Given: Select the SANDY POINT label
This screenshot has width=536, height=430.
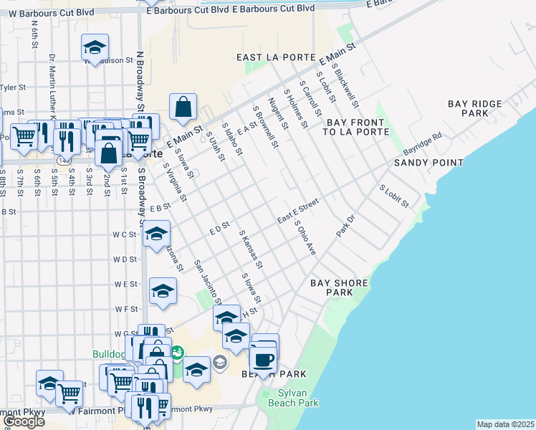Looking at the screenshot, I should [x=429, y=163].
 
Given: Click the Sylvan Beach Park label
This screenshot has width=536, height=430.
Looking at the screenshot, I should [x=292, y=398].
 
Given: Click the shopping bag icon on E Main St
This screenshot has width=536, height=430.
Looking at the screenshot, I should [x=183, y=107].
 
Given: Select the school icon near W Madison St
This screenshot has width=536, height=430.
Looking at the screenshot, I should [x=95, y=48].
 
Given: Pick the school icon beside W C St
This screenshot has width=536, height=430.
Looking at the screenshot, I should [x=155, y=234].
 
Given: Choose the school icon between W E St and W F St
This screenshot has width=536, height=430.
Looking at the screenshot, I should [x=163, y=291].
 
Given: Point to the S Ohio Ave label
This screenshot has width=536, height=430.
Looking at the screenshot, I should [x=306, y=238].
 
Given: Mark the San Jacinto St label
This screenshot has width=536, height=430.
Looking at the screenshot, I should [x=208, y=282].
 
